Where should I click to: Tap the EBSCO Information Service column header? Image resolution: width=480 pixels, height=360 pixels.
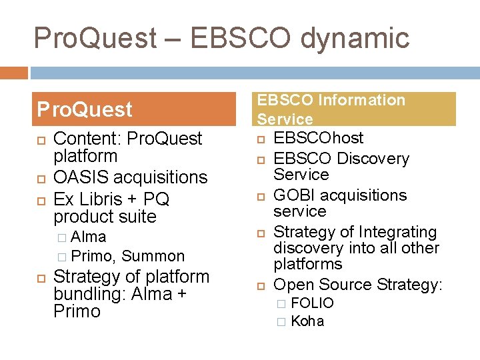coord(355,109)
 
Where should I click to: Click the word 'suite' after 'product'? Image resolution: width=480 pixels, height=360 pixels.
coord(137,217)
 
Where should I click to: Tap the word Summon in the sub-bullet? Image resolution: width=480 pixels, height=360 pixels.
coord(153,256)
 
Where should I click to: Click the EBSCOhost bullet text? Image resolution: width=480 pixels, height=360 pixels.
coord(319,138)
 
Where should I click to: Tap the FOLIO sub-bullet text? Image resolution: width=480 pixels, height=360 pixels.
coord(312,303)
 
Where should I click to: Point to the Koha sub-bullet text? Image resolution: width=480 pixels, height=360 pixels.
coord(307,321)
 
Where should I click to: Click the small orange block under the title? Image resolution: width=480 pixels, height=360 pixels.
coord(14,72)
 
